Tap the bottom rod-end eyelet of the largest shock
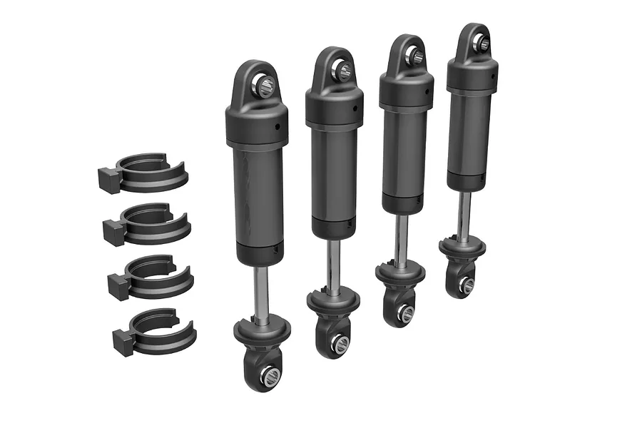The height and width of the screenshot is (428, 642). [x=269, y=376]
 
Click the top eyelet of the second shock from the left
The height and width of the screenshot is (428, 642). [x=342, y=70]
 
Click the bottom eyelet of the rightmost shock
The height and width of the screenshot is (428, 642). [x=466, y=284]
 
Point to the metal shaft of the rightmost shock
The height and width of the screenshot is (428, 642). [x=464, y=214]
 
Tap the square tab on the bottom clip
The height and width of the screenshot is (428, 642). [x=123, y=339]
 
